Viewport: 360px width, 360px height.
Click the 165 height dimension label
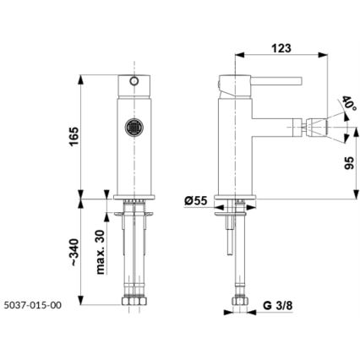(x=74, y=134)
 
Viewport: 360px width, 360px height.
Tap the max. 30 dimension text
(x=101, y=251)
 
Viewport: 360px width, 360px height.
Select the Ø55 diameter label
(x=196, y=201)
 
